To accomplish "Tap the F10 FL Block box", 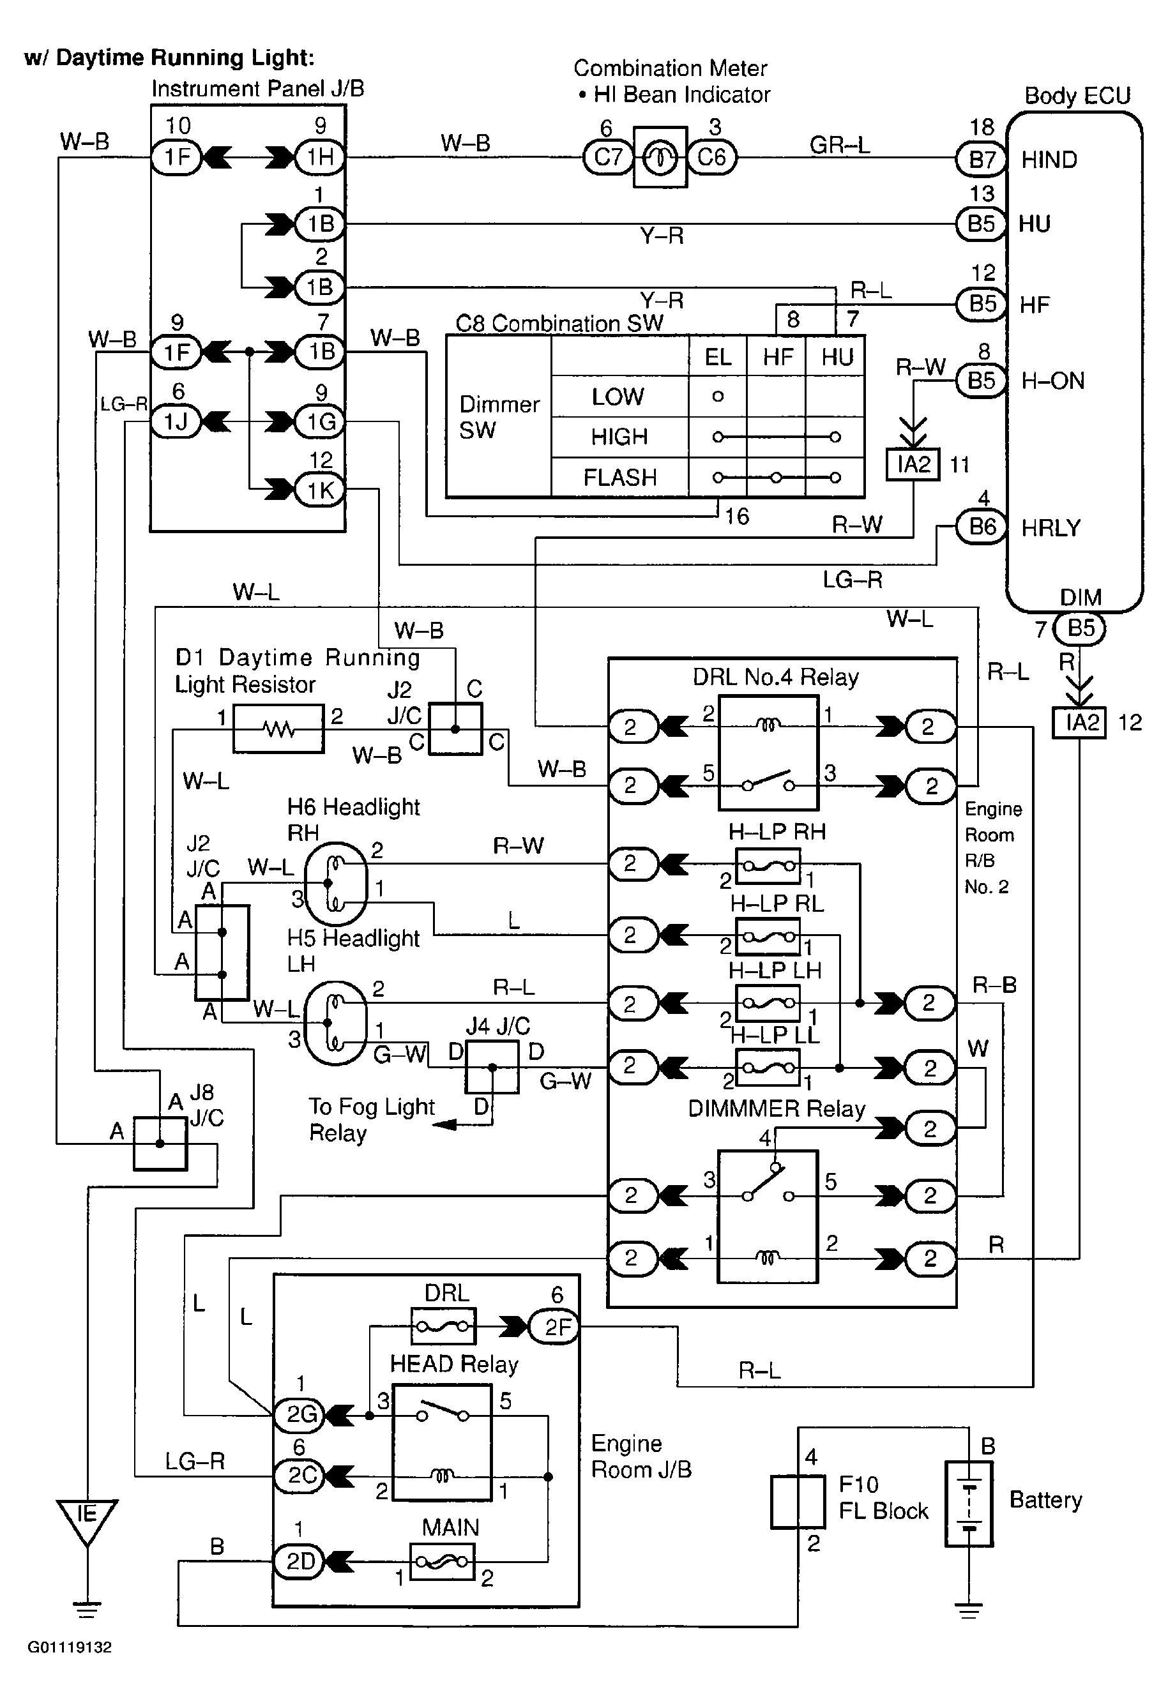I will pos(797,1502).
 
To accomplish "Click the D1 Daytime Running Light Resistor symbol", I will pos(278,729).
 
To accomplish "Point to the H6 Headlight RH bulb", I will pos(336,884).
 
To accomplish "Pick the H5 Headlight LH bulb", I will pos(335,1022).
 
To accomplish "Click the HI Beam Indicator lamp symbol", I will pos(660,157).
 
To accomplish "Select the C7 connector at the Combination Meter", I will pos(607,157).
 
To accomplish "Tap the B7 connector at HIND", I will pos(982,159).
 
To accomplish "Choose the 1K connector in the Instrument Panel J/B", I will pos(320,490).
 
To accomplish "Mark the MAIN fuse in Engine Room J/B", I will pos(442,1562).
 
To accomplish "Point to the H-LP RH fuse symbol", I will pos(767,866).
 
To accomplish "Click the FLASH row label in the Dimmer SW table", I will pos(619,477).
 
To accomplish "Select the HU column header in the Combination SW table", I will pos(837,357).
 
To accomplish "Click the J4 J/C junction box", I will pos(492,1067).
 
